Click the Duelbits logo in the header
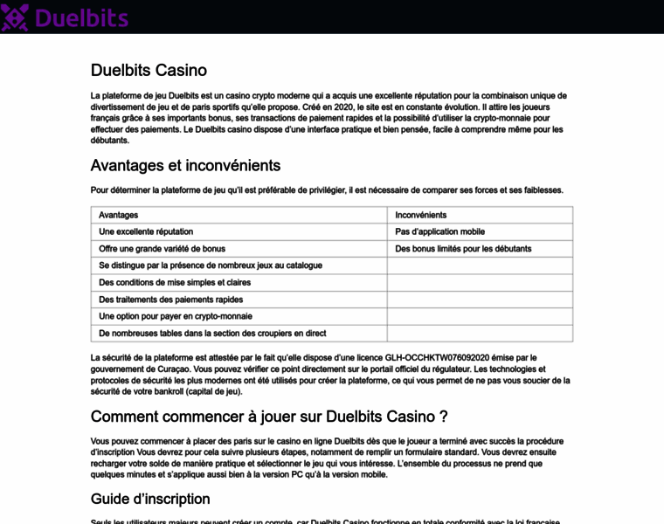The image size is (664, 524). tap(66, 17)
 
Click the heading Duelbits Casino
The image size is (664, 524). tap(149, 71)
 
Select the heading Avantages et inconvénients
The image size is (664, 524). tap(185, 165)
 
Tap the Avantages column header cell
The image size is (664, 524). tap(119, 215)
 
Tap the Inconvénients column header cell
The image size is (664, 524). tap(421, 215)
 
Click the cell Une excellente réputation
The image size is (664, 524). tap(146, 231)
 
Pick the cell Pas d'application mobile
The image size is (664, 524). tap(439, 231)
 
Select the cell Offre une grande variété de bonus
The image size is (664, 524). tap(162, 249)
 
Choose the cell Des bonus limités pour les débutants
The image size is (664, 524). tap(463, 249)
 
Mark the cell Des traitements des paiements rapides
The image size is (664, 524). tap(171, 300)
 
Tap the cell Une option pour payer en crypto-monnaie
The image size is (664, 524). tap(176, 316)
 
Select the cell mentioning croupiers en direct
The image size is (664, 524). tap(212, 333)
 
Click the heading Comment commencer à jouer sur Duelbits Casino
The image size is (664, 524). tap(269, 417)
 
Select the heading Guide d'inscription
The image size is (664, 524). tap(150, 499)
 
